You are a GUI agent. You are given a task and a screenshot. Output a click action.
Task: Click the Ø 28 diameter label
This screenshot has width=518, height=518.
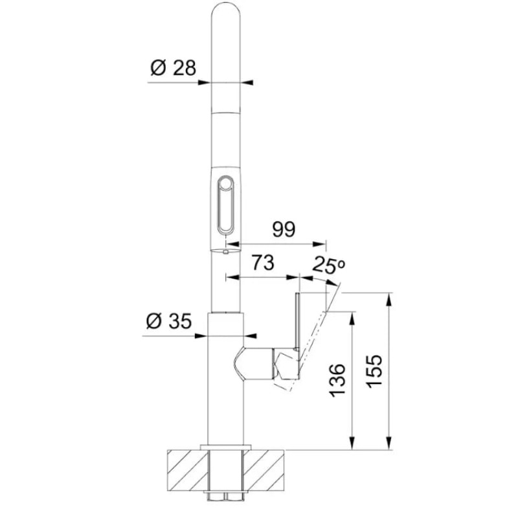173,68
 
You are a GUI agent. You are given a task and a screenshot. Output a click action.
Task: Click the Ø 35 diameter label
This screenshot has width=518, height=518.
169,321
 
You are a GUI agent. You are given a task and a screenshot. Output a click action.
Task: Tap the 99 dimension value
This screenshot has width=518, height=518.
284,229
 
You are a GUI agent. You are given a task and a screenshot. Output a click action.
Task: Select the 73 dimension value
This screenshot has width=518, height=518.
263,263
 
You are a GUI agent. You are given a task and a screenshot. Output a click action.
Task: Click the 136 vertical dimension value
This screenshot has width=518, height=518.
337,381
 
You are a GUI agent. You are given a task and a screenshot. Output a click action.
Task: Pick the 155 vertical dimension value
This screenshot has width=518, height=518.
375,371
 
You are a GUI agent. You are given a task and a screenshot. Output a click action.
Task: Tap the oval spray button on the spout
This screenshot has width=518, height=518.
226,205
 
